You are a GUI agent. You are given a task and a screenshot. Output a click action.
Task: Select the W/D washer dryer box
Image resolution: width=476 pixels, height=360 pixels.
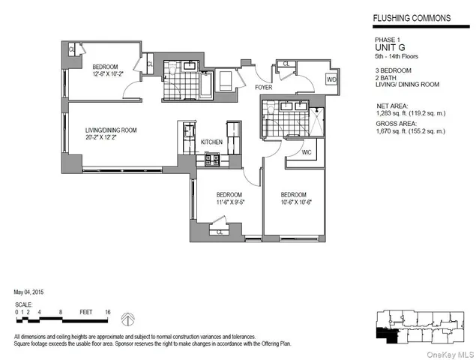pyautogui.click(x=331, y=79)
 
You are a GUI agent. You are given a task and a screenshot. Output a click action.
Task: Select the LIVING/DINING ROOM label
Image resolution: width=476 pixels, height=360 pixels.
pyautogui.click(x=110, y=130)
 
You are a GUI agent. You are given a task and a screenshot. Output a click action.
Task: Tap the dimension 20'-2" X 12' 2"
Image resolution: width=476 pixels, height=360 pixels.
pyautogui.click(x=110, y=138)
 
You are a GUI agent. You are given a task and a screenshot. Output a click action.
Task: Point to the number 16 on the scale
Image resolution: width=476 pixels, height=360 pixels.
pyautogui.click(x=108, y=310)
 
